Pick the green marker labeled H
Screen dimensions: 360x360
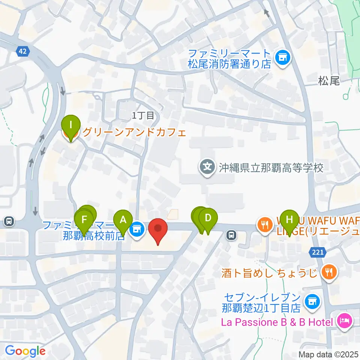tap(289, 219)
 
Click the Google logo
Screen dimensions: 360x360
tap(25, 351)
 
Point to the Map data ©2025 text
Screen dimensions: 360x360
tap(329, 354)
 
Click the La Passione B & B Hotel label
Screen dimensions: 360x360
tap(277, 322)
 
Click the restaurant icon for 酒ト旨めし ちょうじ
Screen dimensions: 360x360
tap(329, 271)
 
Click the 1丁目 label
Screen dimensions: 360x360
tap(143, 115)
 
